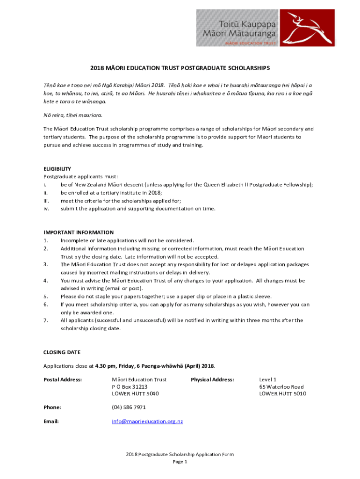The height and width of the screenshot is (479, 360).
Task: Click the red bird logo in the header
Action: [x=309, y=28]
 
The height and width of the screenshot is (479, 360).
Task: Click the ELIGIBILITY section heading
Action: [x=57, y=169]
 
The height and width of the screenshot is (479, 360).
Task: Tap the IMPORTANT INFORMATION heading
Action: [x=79, y=232]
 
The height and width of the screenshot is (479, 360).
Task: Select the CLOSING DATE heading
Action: [x=62, y=352]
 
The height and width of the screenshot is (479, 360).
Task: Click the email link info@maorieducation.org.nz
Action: [x=147, y=421]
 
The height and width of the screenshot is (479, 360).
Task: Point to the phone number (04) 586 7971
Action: [x=129, y=407]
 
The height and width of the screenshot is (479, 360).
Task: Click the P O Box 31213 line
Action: [x=130, y=387]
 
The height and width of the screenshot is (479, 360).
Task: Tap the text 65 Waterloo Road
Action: [x=281, y=387]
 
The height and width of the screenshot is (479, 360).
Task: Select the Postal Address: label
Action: [x=63, y=379]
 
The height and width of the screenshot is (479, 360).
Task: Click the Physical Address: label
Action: [x=212, y=379]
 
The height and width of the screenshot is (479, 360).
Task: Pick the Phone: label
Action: [x=52, y=407]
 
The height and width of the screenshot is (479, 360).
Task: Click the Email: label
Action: [x=51, y=421]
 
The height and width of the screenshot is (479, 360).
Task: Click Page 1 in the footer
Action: [x=180, y=462]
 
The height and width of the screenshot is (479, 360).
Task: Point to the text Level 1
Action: [x=268, y=379]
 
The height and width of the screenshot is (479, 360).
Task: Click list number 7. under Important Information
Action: [x=46, y=320]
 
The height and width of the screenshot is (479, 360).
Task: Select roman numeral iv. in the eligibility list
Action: [x=46, y=209]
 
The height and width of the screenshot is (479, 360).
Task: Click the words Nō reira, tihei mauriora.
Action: [x=72, y=115]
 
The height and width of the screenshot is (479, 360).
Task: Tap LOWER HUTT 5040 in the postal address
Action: [x=136, y=394]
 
